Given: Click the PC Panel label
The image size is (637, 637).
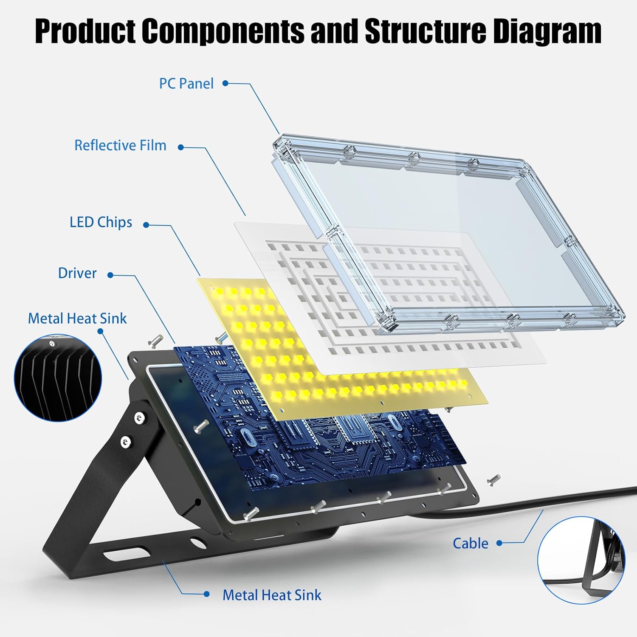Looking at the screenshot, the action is (x=186, y=84).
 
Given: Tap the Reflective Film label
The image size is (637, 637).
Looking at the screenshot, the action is (x=120, y=146).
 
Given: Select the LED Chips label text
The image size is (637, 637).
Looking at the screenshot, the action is (x=101, y=223).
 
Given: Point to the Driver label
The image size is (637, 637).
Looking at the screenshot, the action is (x=77, y=273).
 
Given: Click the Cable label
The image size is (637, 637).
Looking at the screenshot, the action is (x=471, y=543).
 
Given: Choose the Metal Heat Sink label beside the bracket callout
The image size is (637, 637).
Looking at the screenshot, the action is (x=272, y=595).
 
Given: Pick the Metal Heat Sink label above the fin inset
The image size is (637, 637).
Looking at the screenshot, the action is (x=77, y=318).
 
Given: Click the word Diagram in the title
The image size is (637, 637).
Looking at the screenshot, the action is (x=547, y=31).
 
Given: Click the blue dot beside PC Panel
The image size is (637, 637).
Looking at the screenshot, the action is (x=225, y=83).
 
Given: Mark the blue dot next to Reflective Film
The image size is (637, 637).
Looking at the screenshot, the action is (x=181, y=147).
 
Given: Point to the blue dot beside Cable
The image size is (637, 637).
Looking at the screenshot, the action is (x=499, y=543).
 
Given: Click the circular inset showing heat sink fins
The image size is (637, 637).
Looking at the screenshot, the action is (x=58, y=378).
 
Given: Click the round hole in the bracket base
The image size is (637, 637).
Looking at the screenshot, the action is (x=197, y=542).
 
